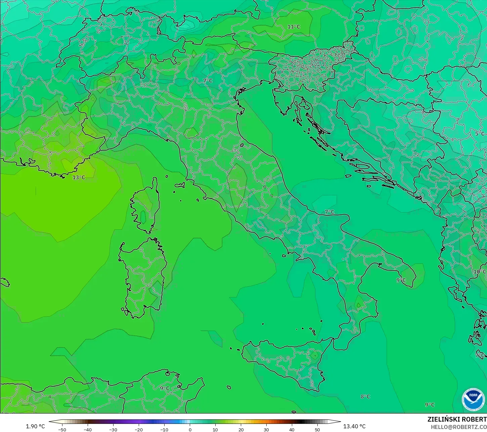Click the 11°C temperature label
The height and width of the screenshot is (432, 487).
(294, 27)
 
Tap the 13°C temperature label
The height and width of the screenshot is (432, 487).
(79, 177)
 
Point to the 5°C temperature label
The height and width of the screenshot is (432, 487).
(480, 134)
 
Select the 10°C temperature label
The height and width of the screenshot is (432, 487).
(480, 272)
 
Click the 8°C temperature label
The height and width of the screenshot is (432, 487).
(365, 396)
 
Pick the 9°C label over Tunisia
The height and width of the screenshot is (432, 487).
(165, 388)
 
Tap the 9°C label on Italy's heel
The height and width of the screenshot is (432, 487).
(401, 280)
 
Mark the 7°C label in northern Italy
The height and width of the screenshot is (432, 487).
(208, 81)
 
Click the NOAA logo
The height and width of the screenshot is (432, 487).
(473, 399)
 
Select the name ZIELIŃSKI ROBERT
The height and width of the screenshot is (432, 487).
(457, 419)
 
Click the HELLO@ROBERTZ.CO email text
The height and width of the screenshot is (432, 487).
(459, 427)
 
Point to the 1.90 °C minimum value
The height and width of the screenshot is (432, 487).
(35, 426)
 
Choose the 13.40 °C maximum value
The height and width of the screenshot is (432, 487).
(354, 426)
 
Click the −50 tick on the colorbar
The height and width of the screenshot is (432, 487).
(62, 429)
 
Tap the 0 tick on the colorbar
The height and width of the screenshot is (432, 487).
(190, 429)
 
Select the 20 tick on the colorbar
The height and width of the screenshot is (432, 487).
(241, 429)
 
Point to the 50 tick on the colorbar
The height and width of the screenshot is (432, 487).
(317, 429)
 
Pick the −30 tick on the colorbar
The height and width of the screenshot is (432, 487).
(113, 429)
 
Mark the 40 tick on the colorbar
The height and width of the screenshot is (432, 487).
(292, 429)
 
